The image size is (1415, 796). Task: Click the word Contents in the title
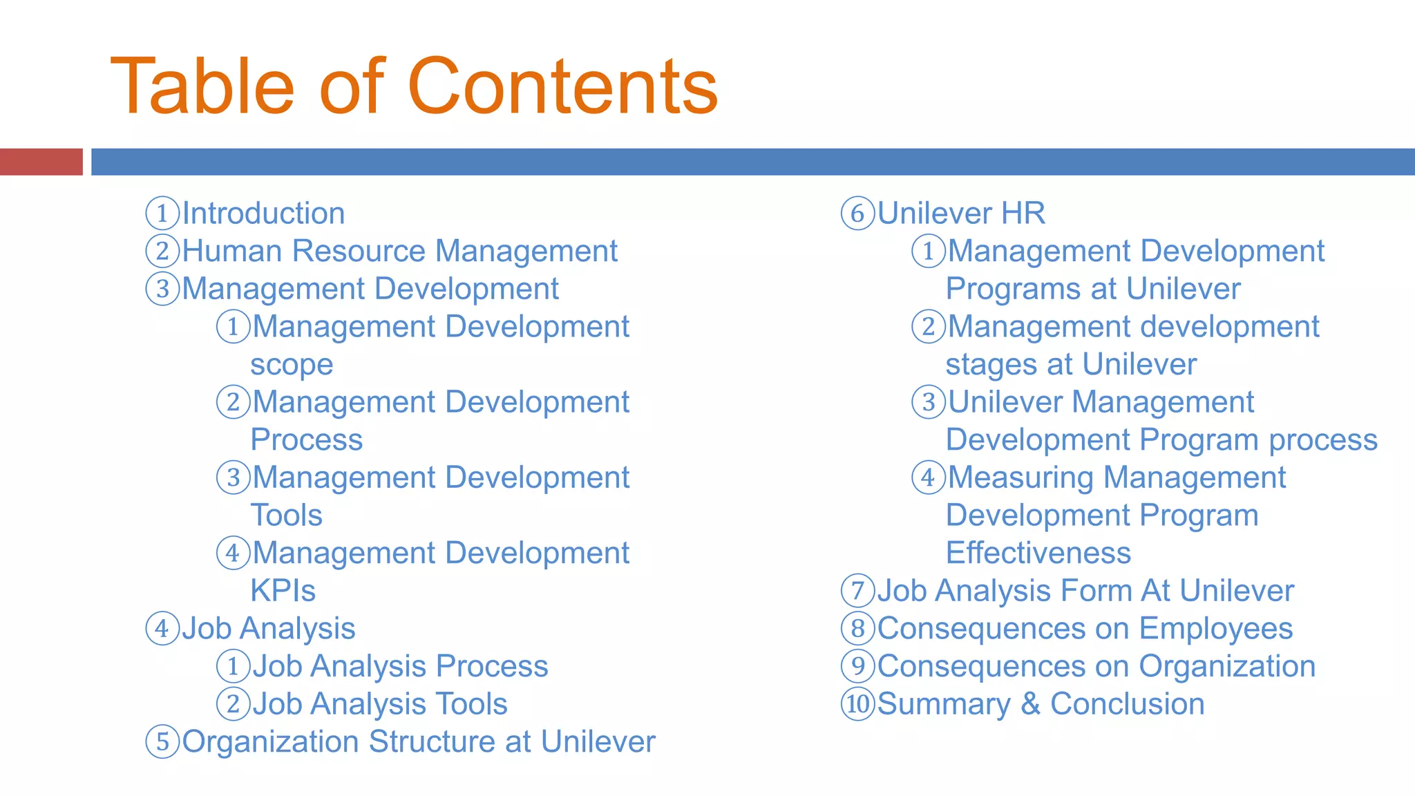[x=562, y=87]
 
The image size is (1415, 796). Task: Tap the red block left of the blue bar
[x=41, y=162]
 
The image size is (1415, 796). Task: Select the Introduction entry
[x=263, y=214]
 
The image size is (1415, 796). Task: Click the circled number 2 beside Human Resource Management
[x=162, y=251]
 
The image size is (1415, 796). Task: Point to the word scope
[x=292, y=365]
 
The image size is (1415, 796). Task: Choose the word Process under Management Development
[x=306, y=440]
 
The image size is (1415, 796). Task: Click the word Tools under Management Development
[x=286, y=515]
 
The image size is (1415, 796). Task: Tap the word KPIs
[x=283, y=591]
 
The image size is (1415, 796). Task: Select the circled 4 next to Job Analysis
[x=162, y=629]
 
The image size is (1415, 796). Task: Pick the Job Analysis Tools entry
[x=379, y=704]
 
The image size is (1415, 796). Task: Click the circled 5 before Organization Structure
[x=162, y=742]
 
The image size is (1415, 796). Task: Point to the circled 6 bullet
[x=857, y=214]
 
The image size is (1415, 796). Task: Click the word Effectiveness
[x=1038, y=553]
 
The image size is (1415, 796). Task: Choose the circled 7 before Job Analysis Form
[x=857, y=591]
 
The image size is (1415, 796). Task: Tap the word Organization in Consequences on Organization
[x=1226, y=667]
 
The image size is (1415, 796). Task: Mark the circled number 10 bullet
[x=857, y=704]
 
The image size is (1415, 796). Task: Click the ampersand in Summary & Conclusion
[x=1030, y=704]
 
